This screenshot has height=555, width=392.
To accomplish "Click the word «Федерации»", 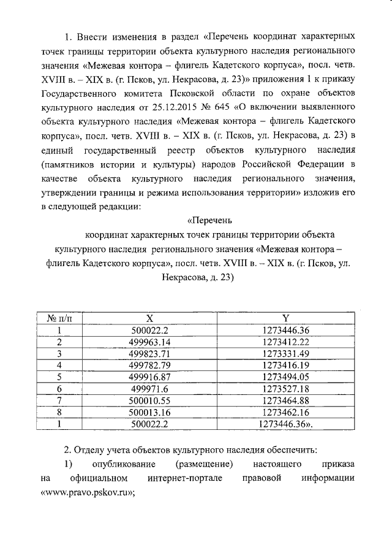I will (x=317, y=164).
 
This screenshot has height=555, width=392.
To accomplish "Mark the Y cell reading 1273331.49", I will (x=285, y=354).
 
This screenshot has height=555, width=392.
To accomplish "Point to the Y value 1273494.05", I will (x=285, y=377).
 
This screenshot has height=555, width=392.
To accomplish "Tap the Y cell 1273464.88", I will (x=285, y=400).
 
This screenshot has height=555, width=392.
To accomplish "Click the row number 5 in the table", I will (x=59, y=377).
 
